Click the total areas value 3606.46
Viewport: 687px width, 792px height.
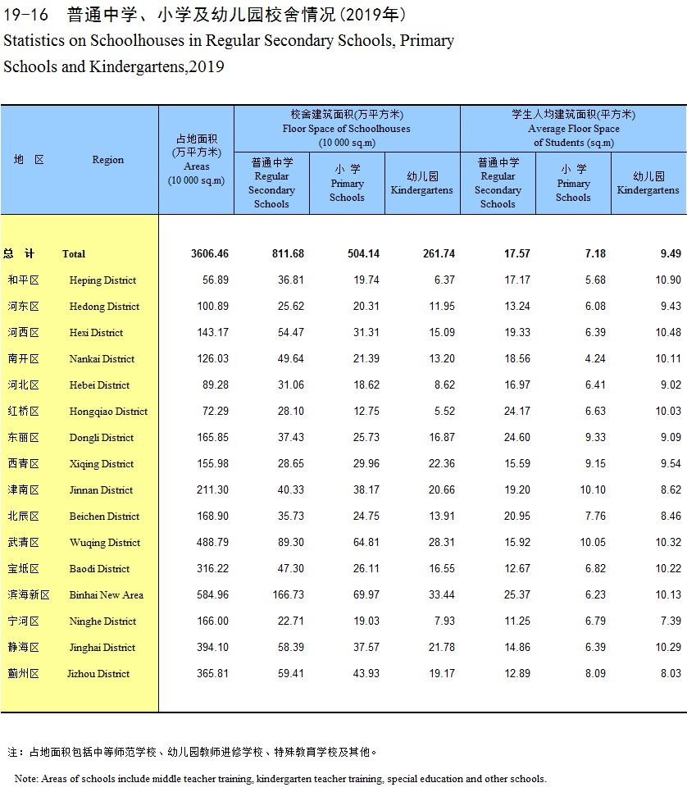tap(210, 253)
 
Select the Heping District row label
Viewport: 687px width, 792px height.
tap(102, 280)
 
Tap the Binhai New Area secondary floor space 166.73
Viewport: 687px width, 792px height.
tap(289, 595)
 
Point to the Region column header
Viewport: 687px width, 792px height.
tap(107, 160)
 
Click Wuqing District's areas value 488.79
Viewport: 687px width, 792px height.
tap(212, 543)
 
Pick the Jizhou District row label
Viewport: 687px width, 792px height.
tap(98, 674)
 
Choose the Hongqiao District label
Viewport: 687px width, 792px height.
tap(108, 412)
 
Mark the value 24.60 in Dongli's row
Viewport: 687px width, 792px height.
tap(517, 438)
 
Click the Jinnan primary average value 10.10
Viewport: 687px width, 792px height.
tap(593, 490)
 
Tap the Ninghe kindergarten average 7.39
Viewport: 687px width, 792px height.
tap(671, 621)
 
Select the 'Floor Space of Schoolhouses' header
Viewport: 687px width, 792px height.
tap(347, 129)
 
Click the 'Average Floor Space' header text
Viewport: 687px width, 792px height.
tap(574, 129)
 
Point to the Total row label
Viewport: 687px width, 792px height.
tap(74, 254)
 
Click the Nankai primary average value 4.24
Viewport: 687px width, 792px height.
tap(595, 358)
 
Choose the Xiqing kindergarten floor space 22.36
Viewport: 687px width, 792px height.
tap(442, 464)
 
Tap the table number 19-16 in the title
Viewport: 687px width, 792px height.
tap(25, 15)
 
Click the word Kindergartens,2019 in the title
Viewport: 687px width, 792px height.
tap(157, 66)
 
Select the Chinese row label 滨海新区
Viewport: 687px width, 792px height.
tap(29, 595)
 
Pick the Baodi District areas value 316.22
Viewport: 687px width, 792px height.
tap(212, 569)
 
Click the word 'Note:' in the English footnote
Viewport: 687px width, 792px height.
tap(25, 779)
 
